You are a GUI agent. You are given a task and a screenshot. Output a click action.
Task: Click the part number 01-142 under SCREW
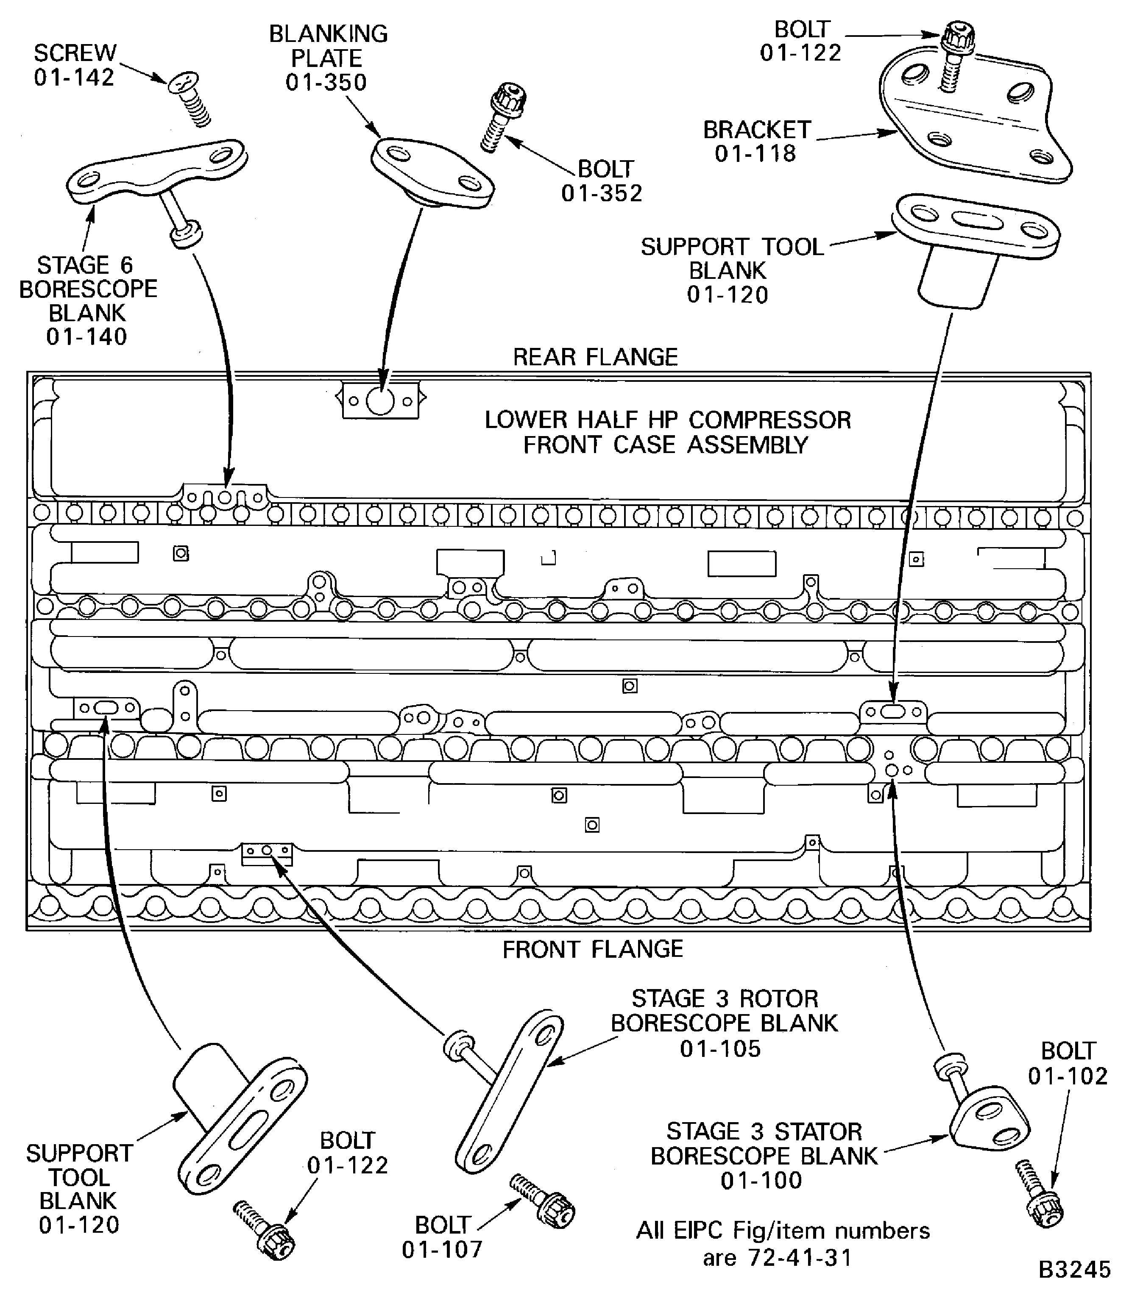click(x=74, y=78)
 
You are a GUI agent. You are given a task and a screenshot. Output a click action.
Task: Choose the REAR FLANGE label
click(x=595, y=357)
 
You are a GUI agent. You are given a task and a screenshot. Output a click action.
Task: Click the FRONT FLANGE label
click(x=593, y=949)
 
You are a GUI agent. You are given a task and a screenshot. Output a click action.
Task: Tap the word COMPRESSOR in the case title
click(x=770, y=420)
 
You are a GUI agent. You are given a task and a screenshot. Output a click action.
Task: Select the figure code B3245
click(x=1074, y=1270)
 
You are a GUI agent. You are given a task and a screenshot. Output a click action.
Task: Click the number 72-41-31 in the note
click(x=800, y=1258)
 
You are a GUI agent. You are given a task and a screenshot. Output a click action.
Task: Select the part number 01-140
click(x=87, y=337)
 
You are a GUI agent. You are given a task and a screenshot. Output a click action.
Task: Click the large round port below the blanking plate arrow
click(x=380, y=400)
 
